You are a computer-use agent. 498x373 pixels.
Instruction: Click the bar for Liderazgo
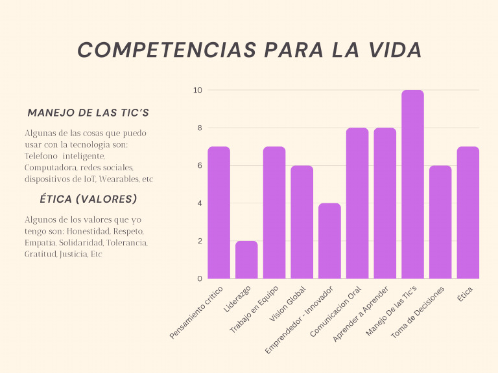click(x=246, y=260)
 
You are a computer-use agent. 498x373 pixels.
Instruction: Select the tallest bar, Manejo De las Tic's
click(x=412, y=185)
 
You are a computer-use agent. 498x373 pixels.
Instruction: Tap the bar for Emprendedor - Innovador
click(x=329, y=241)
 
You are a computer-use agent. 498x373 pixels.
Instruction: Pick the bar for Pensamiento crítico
click(x=219, y=212)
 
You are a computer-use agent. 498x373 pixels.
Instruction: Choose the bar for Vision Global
click(x=302, y=222)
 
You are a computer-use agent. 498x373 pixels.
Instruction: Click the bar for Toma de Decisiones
click(x=440, y=222)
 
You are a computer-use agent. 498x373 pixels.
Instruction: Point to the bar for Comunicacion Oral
click(x=357, y=203)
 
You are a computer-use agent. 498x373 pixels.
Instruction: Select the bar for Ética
click(x=468, y=212)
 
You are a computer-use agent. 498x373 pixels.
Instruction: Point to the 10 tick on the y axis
click(x=197, y=90)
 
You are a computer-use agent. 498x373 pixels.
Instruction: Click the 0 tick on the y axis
click(x=199, y=278)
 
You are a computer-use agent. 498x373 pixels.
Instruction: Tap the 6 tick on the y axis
click(x=199, y=166)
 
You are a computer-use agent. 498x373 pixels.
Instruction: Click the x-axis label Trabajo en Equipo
click(x=254, y=310)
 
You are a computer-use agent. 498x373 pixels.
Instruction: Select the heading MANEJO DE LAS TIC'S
click(x=88, y=113)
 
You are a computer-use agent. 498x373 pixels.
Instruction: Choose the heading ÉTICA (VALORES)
click(x=88, y=199)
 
